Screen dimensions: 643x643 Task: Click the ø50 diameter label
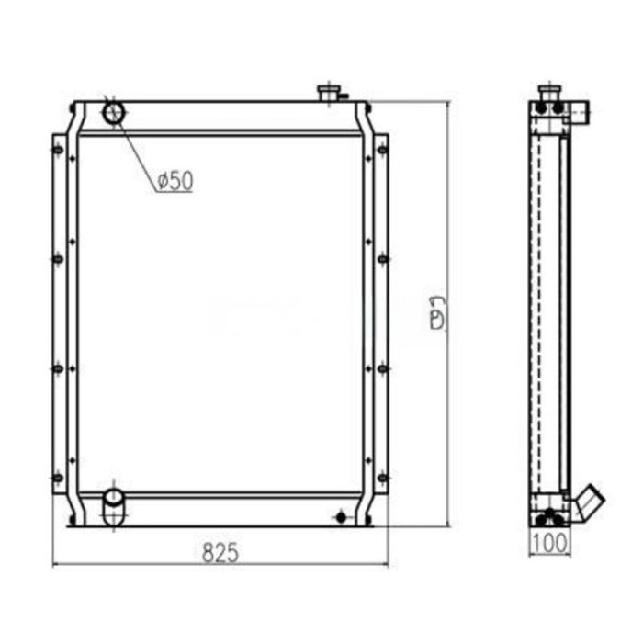pyautogui.click(x=175, y=181)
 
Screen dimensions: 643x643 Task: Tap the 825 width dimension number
pyautogui.click(x=220, y=553)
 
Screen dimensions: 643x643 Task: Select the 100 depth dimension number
pyautogui.click(x=550, y=544)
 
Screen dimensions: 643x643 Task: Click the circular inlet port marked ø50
pyautogui.click(x=114, y=113)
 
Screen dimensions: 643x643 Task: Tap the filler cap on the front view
pyautogui.click(x=329, y=93)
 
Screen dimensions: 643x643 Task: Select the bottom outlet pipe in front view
pyautogui.click(x=112, y=504)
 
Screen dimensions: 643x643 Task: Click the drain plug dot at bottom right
pyautogui.click(x=341, y=518)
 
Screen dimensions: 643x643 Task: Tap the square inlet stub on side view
pyautogui.click(x=580, y=112)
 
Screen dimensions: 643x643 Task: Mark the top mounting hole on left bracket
pyautogui.click(x=58, y=150)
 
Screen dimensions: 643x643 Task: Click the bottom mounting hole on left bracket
pyautogui.click(x=58, y=477)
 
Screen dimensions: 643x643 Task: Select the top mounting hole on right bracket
pyautogui.click(x=382, y=150)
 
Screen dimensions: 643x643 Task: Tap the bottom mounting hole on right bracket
pyautogui.click(x=382, y=477)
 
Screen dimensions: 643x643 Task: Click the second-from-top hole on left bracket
pyautogui.click(x=58, y=259)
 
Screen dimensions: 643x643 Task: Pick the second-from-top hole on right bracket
pyautogui.click(x=382, y=259)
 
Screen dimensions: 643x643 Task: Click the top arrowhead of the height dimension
pyautogui.click(x=447, y=106)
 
